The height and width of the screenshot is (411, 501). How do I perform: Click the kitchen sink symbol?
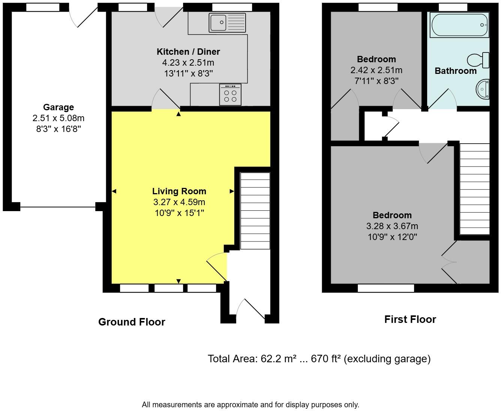[x=227, y=23]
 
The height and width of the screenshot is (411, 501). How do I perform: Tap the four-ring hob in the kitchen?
[x=230, y=94]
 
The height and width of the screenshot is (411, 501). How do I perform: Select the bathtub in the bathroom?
[x=459, y=25]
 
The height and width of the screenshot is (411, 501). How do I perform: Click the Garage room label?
[x=58, y=107]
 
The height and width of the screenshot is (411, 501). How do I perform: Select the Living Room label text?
[x=179, y=191]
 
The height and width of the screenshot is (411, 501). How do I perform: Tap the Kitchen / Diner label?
[x=188, y=52]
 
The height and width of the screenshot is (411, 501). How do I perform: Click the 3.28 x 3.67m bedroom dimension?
[x=392, y=226]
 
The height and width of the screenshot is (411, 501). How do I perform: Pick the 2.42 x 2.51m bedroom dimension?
[x=376, y=70]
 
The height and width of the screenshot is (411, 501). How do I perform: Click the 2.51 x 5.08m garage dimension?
[x=58, y=118]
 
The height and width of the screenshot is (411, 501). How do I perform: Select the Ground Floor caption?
[x=132, y=322]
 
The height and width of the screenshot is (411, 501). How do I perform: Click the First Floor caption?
[x=410, y=319]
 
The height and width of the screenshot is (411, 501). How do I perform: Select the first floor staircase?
[x=474, y=189]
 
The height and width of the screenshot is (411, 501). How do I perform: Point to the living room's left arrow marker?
[x=114, y=191]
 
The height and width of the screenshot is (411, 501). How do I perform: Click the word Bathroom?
[x=455, y=71]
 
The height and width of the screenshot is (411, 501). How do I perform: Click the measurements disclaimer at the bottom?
[x=250, y=405]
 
